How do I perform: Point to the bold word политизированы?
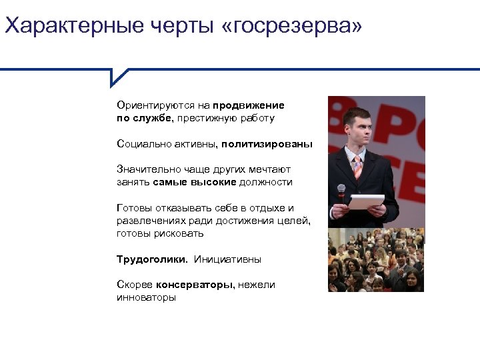[x=267, y=143]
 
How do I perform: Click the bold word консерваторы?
[x=195, y=285]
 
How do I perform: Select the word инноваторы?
[x=146, y=297]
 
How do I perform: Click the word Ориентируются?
[x=149, y=105]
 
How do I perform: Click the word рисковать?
[x=181, y=233]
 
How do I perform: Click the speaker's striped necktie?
[x=358, y=166]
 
